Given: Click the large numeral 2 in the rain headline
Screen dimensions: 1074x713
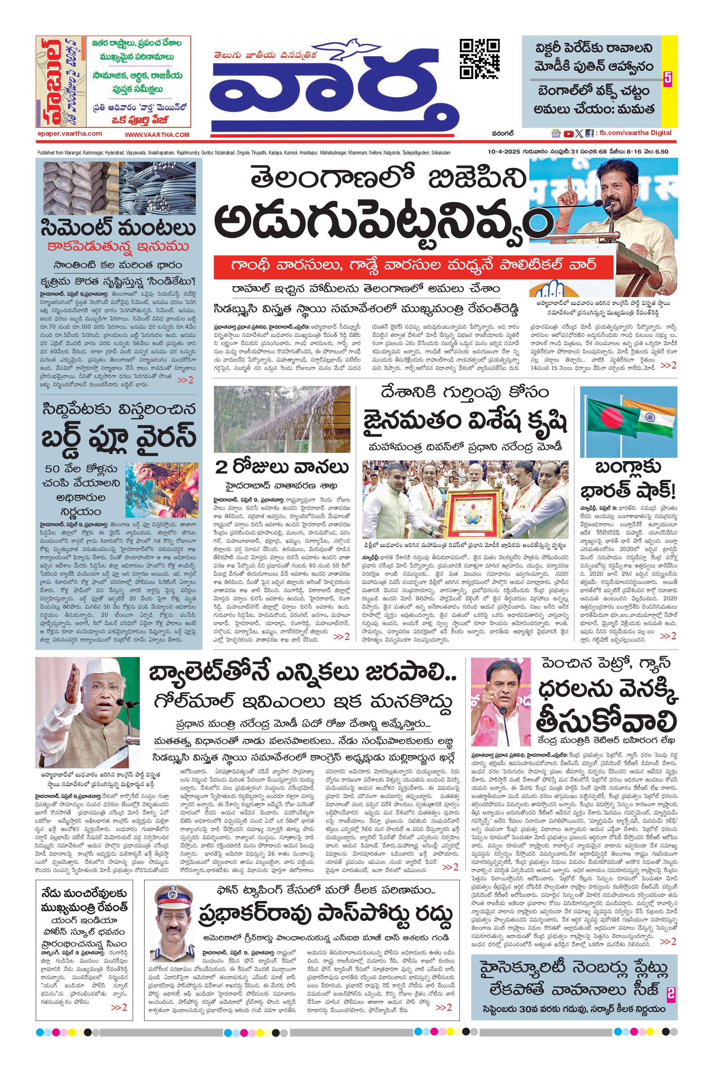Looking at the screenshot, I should coord(222,467).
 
